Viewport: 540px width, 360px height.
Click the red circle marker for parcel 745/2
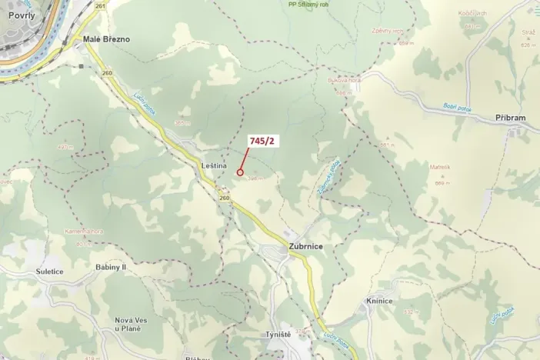click(x=241, y=173)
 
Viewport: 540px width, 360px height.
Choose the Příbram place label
click(x=511, y=118)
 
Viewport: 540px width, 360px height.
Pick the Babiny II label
click(x=112, y=266)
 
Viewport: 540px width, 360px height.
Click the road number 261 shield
click(x=100, y=5)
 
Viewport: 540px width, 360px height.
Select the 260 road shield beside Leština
click(x=224, y=198)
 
